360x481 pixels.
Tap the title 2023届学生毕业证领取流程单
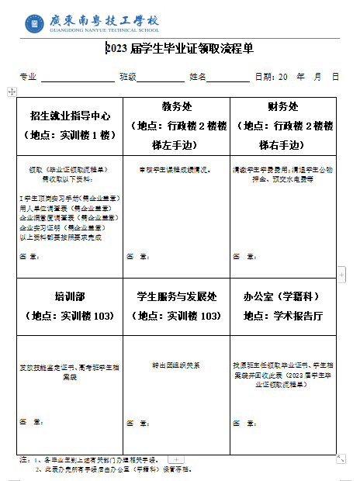click(x=179, y=50)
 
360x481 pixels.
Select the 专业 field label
click(x=28, y=77)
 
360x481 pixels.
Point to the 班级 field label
click(x=128, y=77)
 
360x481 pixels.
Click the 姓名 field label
click(x=198, y=77)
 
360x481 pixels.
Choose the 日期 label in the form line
click(x=264, y=77)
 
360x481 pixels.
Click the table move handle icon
click(x=12, y=92)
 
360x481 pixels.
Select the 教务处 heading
click(x=176, y=107)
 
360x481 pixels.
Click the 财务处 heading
click(x=283, y=107)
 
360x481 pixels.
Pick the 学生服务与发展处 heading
click(x=176, y=296)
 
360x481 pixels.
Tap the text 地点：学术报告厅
click(x=283, y=316)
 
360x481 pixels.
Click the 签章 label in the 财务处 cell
click(x=243, y=256)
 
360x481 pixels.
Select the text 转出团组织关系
click(x=176, y=365)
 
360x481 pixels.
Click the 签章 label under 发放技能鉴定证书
click(x=29, y=422)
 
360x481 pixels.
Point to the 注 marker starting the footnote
click(x=23, y=460)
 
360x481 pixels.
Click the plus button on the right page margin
click(x=341, y=274)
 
